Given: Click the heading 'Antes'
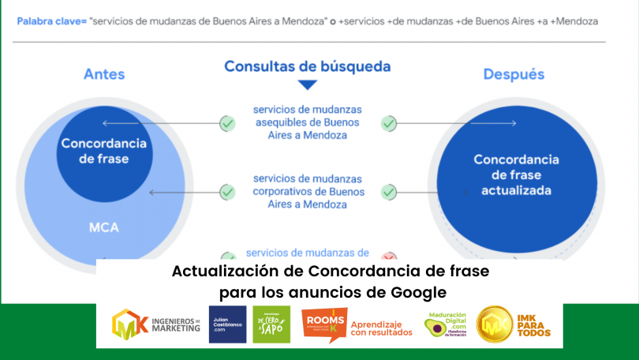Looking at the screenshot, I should [x=104, y=75].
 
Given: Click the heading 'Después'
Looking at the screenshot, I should [x=514, y=74].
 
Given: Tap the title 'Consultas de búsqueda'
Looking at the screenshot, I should [x=308, y=66].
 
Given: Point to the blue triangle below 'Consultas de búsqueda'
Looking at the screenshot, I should [x=308, y=84].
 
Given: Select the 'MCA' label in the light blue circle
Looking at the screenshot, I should [x=104, y=228].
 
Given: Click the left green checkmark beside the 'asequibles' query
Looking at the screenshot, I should [x=227, y=123].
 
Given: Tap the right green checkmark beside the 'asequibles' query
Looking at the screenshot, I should [x=388, y=123].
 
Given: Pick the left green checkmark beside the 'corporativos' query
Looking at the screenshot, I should [x=227, y=191].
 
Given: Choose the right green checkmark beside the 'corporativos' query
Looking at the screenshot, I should [x=388, y=191].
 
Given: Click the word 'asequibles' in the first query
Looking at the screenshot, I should [x=282, y=123].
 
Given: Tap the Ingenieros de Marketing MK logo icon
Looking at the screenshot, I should [x=129, y=324].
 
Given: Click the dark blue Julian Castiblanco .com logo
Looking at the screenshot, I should [x=227, y=324].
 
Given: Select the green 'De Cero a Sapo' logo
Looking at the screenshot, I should [x=271, y=324].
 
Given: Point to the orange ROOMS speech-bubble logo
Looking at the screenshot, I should [x=323, y=324].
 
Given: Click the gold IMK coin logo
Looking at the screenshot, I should [x=495, y=325].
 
